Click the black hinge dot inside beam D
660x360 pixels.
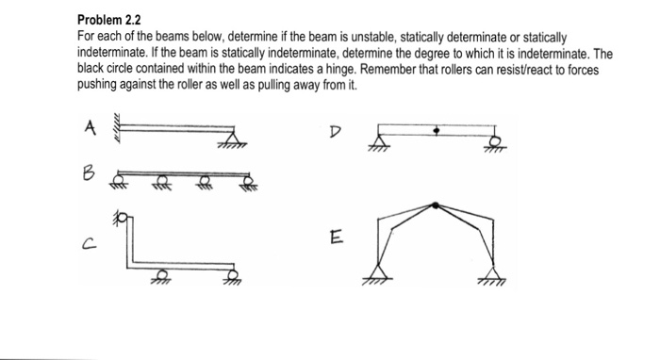436,133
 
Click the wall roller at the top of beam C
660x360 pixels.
121,219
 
